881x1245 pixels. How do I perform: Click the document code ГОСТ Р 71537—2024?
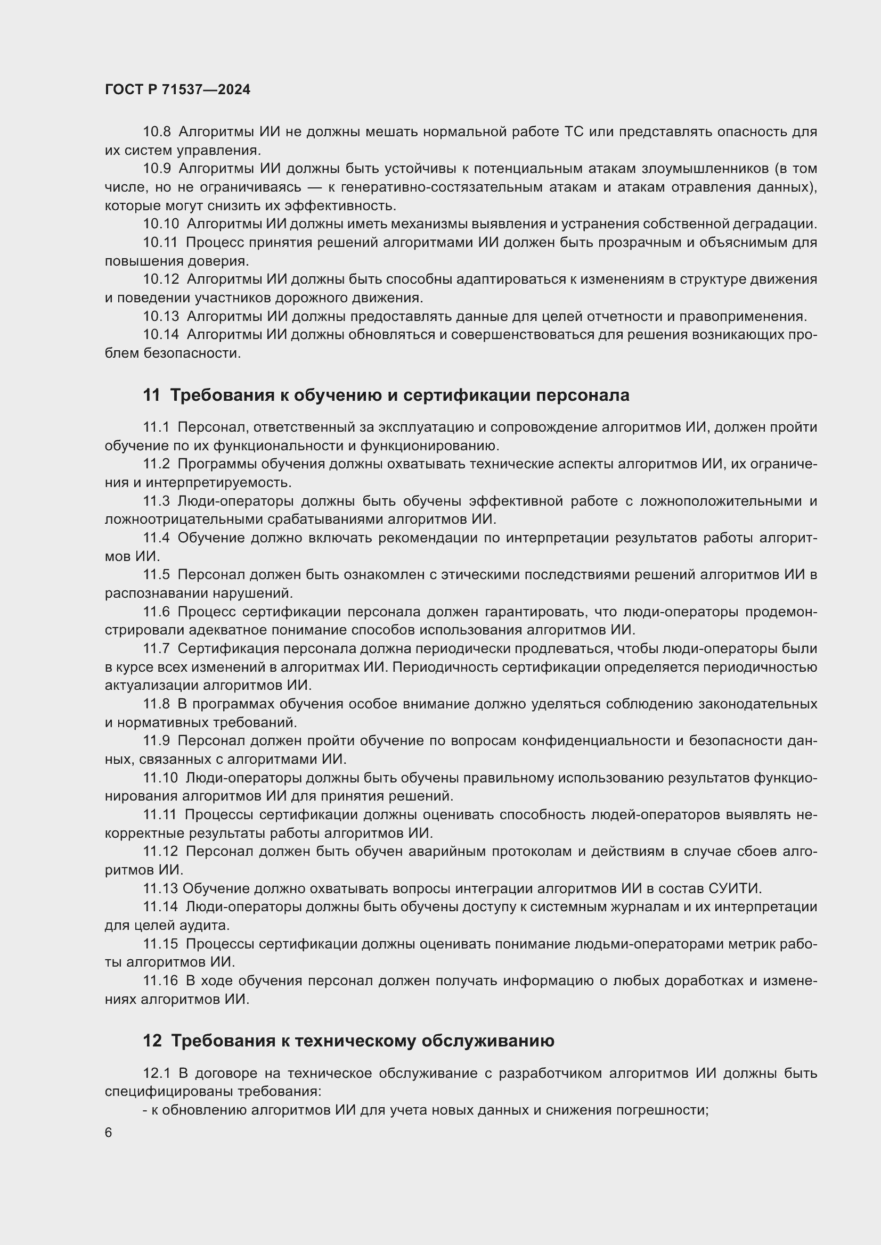[x=177, y=90]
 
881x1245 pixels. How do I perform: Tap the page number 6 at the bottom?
[x=109, y=1133]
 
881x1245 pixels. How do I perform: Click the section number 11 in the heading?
[x=151, y=395]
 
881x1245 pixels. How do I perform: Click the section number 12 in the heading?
[x=152, y=1041]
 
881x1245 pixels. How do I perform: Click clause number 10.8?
[x=157, y=132]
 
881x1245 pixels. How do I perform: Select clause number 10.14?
[x=160, y=335]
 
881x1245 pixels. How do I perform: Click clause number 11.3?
[x=156, y=501]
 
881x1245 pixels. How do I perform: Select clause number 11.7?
[x=156, y=648]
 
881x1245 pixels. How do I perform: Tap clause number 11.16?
[x=160, y=980]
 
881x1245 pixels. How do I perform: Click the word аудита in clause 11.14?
[x=206, y=925]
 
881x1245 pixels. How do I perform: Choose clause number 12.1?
[x=156, y=1073]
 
